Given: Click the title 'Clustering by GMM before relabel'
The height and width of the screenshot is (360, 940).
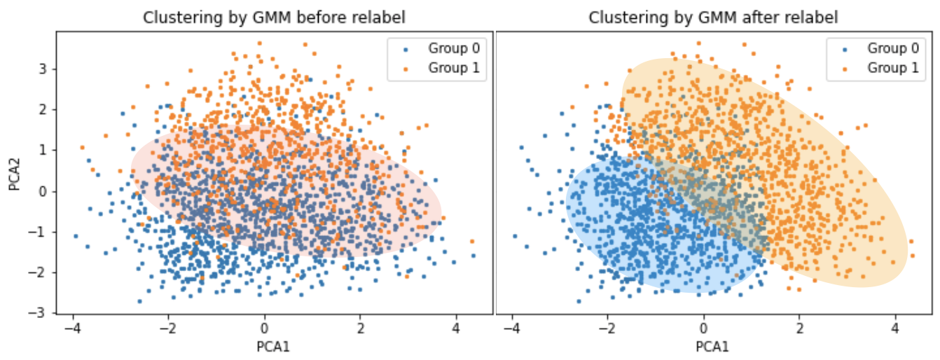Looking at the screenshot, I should [x=274, y=18].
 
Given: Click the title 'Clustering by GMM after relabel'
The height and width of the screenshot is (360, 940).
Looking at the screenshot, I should [x=713, y=18].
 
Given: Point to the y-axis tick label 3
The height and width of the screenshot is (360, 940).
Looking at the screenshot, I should [x=43, y=69].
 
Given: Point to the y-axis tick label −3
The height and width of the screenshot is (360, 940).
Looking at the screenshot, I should [x=40, y=312].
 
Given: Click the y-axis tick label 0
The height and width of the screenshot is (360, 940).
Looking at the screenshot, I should [x=43, y=191].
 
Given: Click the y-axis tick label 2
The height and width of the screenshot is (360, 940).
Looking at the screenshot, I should [x=43, y=110].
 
